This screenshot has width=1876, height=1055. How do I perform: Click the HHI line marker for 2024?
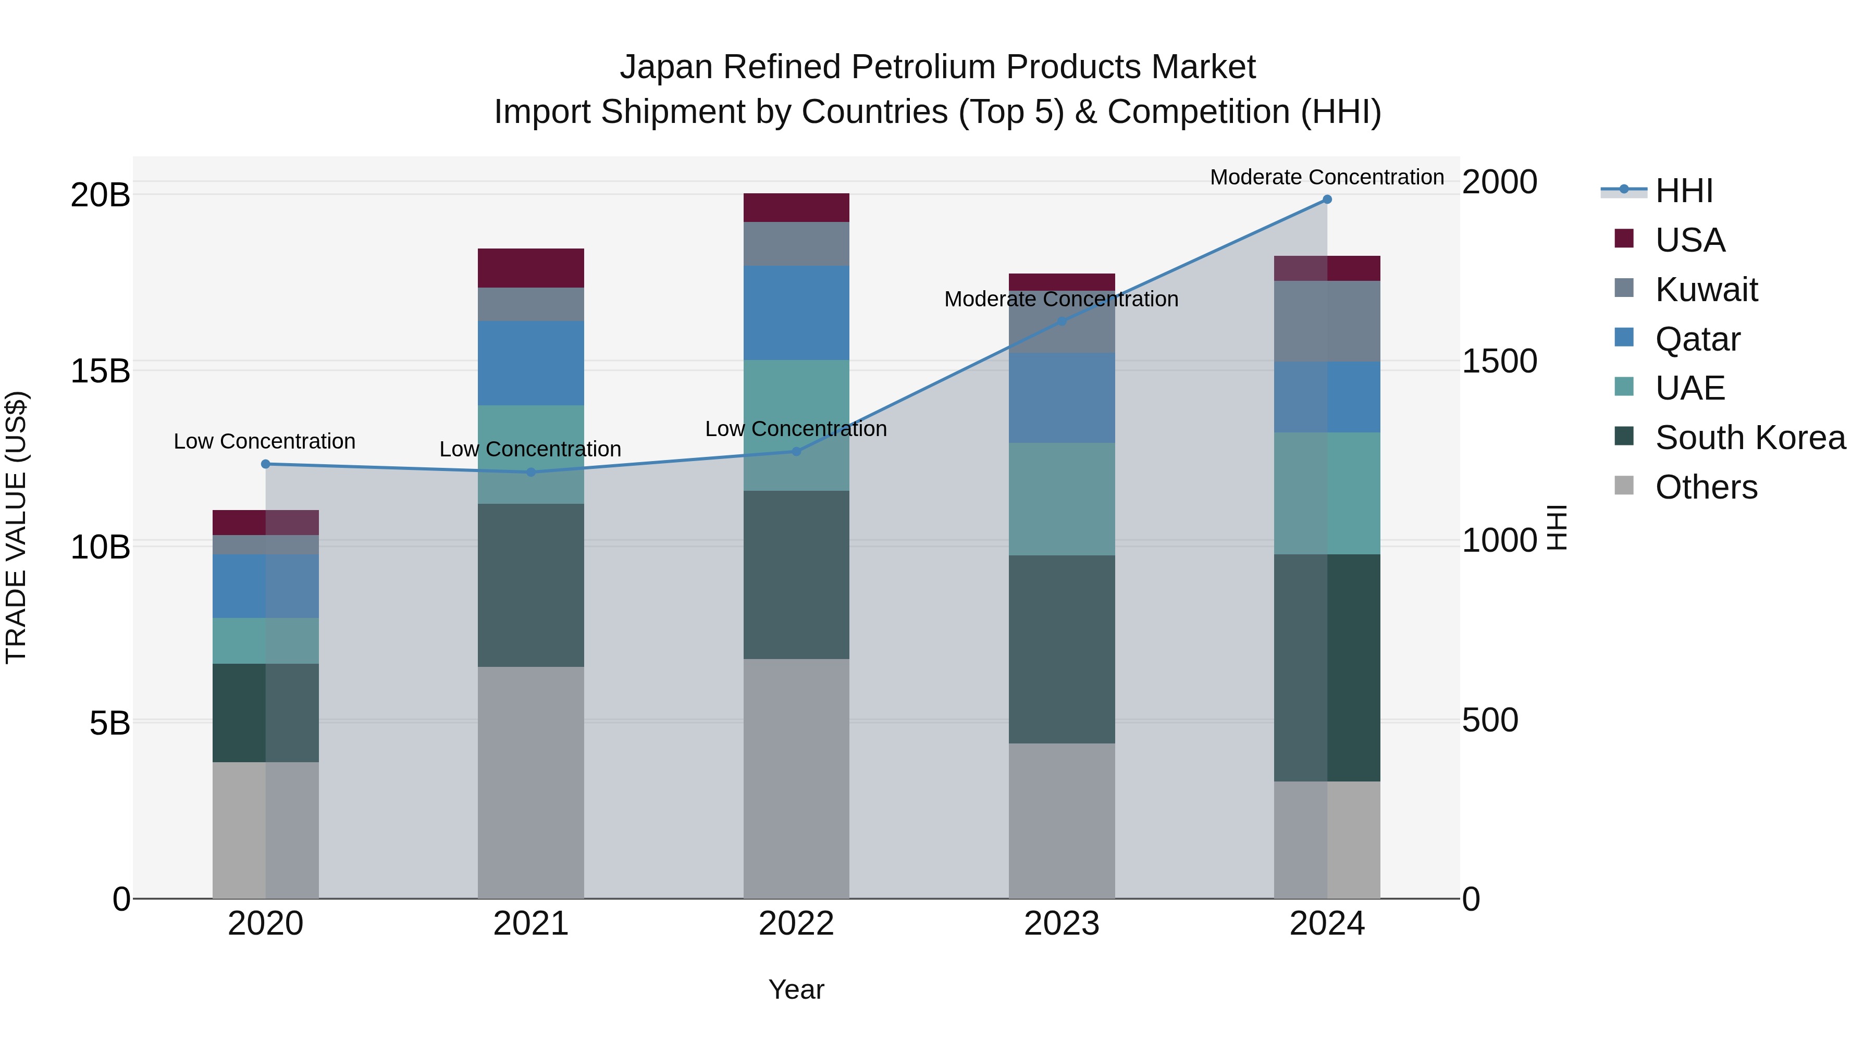click(1327, 200)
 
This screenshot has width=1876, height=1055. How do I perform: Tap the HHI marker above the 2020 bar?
click(265, 464)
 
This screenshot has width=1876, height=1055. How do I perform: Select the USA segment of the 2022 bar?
click(796, 207)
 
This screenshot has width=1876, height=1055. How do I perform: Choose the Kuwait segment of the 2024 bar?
click(1327, 321)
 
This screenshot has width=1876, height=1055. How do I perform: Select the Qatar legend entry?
click(1697, 339)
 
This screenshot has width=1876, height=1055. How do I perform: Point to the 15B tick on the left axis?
click(100, 370)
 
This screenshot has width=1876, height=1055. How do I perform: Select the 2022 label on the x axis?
click(796, 924)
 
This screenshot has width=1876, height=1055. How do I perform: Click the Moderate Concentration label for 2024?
click(1327, 177)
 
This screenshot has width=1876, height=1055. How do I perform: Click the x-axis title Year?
click(796, 989)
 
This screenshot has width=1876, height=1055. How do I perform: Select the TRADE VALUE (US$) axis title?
click(16, 527)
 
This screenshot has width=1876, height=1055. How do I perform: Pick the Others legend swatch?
click(1624, 486)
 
